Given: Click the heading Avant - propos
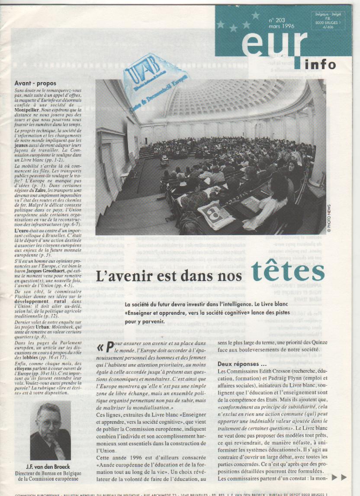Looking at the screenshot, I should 35,83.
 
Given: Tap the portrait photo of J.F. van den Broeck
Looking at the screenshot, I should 50,430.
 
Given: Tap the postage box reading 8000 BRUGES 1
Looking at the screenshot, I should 328,22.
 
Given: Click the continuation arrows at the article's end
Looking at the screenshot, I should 339,477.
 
